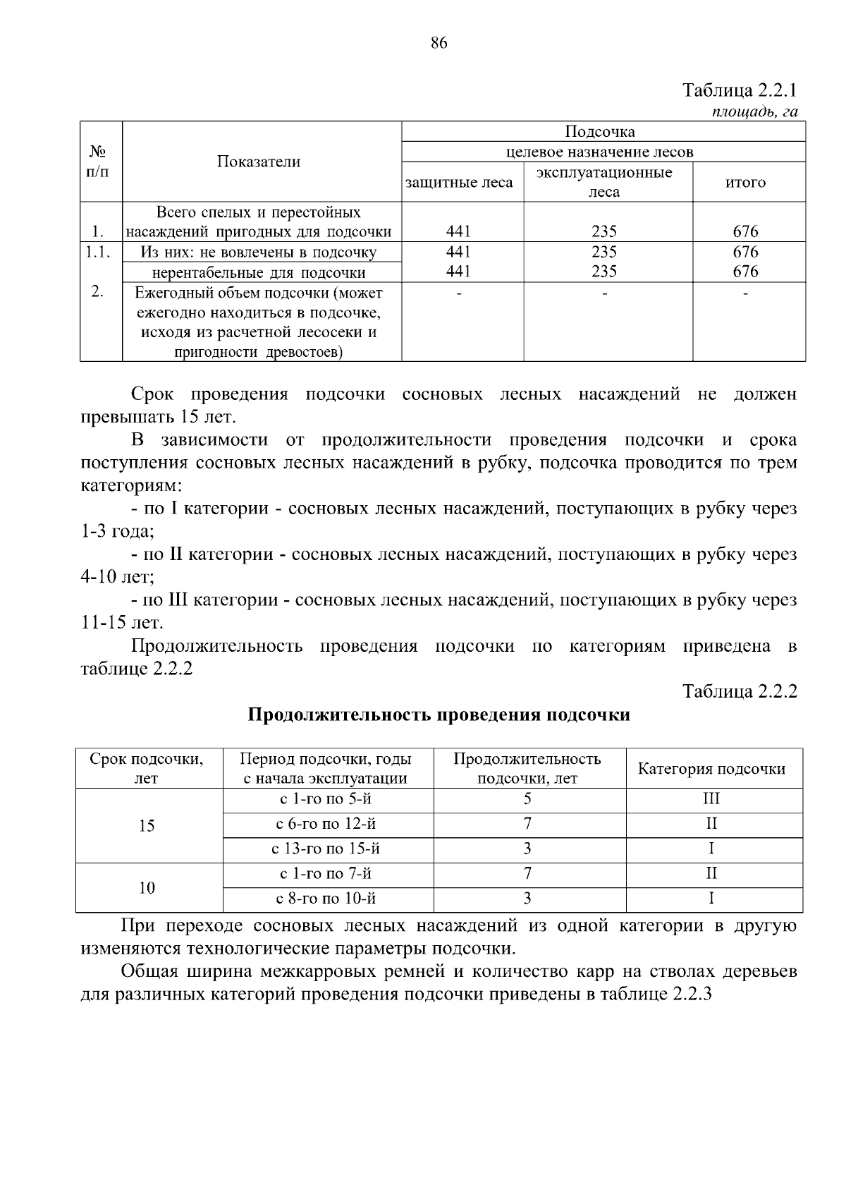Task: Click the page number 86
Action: coord(438,44)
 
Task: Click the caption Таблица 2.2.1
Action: coord(740,91)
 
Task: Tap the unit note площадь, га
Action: coord(754,111)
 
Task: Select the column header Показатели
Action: coord(258,162)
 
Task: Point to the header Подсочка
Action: coord(599,132)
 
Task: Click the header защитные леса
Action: coord(459,182)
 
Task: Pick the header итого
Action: coord(745,182)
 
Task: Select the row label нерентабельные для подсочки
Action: coord(259,272)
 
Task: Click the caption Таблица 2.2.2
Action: coord(740,691)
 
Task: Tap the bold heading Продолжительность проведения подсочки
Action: coord(439,715)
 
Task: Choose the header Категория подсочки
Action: coord(711,769)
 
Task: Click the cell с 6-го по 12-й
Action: coord(328,824)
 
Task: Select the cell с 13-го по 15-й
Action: coord(328,849)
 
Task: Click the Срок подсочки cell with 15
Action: coord(147,825)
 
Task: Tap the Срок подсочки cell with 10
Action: coord(147,887)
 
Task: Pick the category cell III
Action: coord(711,799)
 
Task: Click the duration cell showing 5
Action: coord(527,799)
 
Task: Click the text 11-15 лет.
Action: coord(122,623)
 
